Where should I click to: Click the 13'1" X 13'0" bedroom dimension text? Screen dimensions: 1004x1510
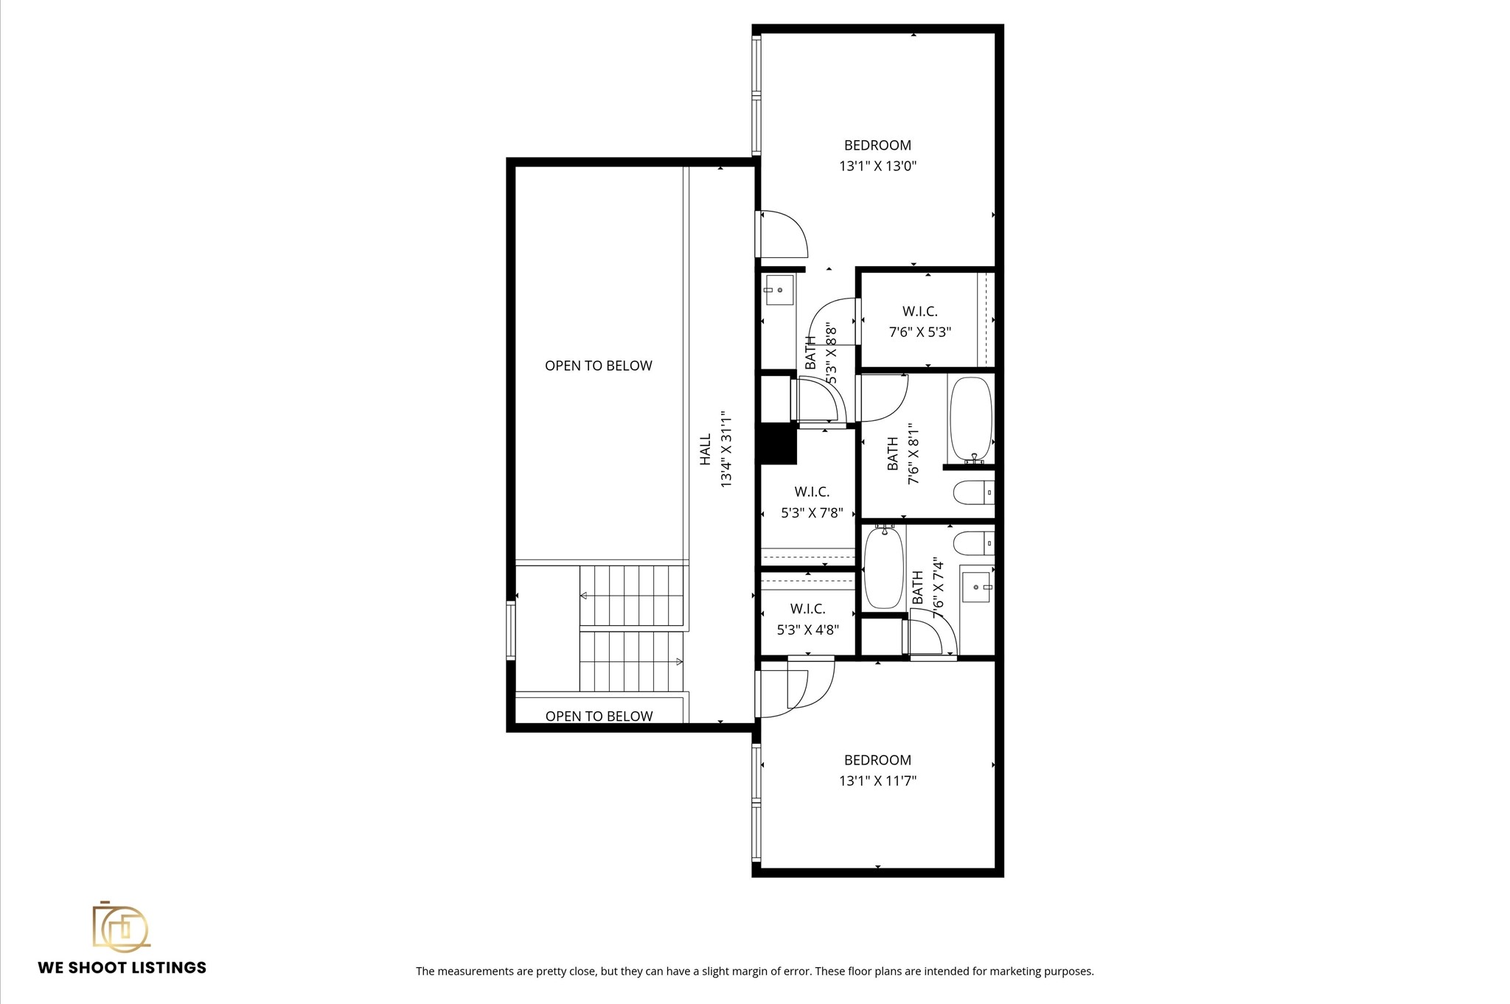(x=877, y=167)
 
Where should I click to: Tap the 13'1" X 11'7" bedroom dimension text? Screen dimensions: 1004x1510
(x=877, y=781)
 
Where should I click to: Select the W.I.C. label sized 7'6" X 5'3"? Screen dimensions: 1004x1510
(x=919, y=312)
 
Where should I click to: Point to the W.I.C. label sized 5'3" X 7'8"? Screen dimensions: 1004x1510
(x=812, y=492)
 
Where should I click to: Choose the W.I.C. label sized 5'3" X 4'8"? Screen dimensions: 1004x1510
(x=807, y=609)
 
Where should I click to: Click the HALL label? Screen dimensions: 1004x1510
(x=706, y=449)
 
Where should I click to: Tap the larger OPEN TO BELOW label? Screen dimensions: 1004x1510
(x=598, y=366)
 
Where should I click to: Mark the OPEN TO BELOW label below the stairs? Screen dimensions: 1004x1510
(x=599, y=716)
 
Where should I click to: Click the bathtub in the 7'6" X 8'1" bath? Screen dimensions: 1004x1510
(x=971, y=420)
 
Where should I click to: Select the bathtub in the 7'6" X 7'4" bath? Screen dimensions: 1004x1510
(x=883, y=568)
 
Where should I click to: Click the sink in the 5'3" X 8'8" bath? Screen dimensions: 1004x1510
(x=778, y=290)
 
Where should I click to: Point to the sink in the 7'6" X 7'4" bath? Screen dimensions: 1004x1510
(x=976, y=587)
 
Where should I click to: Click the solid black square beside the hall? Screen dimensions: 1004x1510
(x=778, y=445)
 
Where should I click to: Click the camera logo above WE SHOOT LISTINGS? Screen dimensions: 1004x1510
(x=120, y=926)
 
